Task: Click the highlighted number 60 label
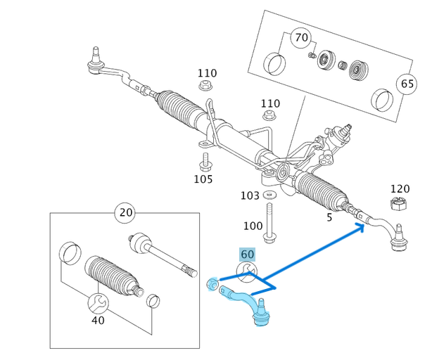tap(247, 255)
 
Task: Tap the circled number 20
tap(126, 213)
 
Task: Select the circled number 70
tap(301, 36)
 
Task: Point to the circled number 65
tap(407, 83)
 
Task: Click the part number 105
tap(203, 179)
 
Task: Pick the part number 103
tap(250, 195)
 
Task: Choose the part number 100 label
tap(253, 226)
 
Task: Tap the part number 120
tap(400, 189)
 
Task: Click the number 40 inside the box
tap(98, 320)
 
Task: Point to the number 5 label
tap(329, 218)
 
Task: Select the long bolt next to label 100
tap(270, 221)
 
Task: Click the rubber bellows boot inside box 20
tap(113, 280)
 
